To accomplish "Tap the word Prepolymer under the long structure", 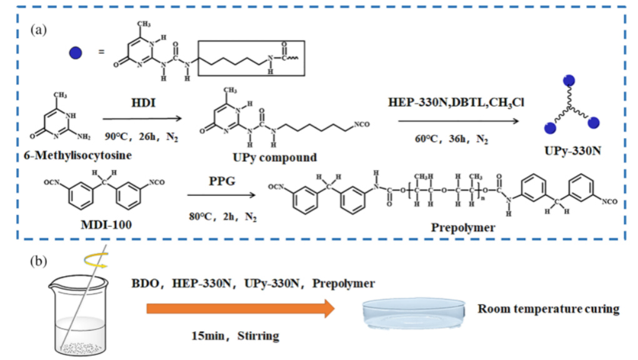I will [x=463, y=227].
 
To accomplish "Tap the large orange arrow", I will [x=241, y=309].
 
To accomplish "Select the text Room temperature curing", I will [x=548, y=309].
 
